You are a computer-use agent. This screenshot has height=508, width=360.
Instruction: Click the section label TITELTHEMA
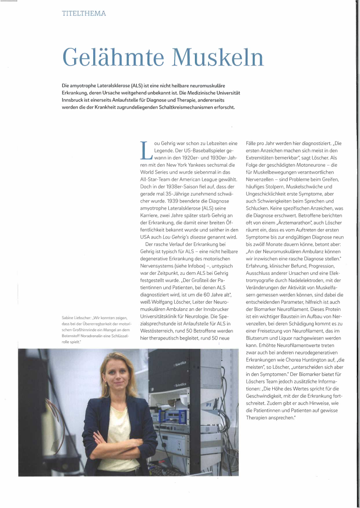[84, 14]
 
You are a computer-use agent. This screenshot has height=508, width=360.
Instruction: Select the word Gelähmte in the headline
[115, 57]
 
